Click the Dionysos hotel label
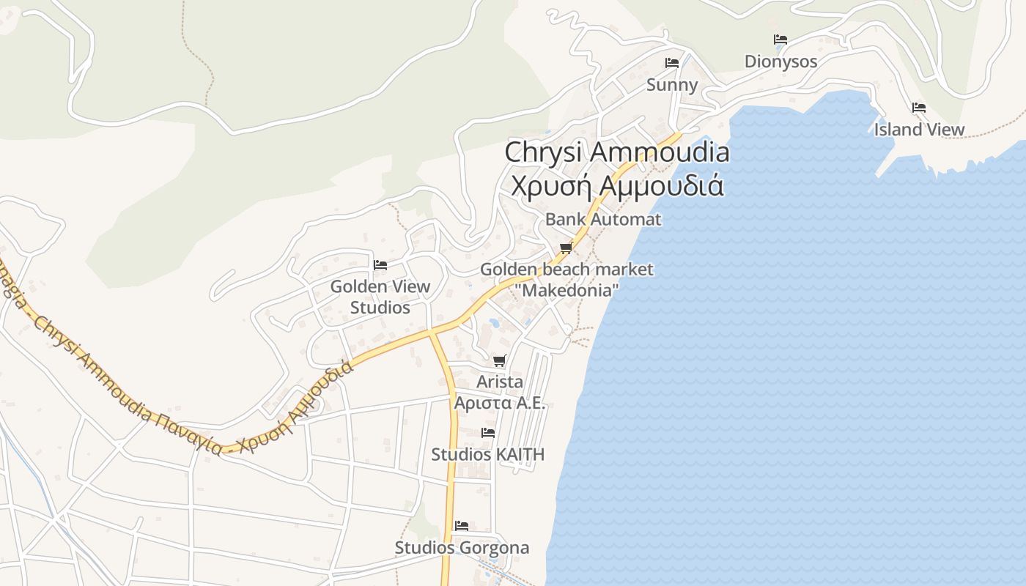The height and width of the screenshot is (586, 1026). [x=780, y=62]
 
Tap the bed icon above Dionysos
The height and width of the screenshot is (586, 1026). [x=780, y=40]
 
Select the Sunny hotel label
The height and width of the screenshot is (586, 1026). [x=672, y=85]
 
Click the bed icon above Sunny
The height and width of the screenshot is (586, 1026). [x=672, y=63]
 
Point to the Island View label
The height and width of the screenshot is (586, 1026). [x=919, y=130]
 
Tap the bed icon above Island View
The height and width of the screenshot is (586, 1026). [x=919, y=108]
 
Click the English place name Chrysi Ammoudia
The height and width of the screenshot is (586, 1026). [x=617, y=152]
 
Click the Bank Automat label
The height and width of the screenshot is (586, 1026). [x=603, y=219]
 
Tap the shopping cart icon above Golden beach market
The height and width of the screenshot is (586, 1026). [x=566, y=248]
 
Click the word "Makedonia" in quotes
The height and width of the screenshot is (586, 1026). [x=566, y=290]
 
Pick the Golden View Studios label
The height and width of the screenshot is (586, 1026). [x=380, y=297]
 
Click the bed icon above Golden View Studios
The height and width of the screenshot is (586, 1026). [x=380, y=264]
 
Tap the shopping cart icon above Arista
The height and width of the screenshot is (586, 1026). [x=500, y=360]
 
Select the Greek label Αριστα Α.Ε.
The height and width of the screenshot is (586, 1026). [x=500, y=403]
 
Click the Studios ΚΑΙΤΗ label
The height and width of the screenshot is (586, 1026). [x=487, y=454]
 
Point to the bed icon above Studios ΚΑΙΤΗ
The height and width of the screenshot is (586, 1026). [x=488, y=433]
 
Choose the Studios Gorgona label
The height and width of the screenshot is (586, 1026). [x=462, y=548]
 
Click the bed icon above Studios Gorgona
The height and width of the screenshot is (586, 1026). [x=462, y=526]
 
